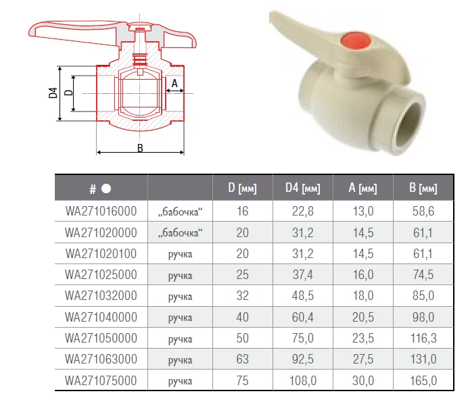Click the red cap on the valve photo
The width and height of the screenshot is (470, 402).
point(356,41)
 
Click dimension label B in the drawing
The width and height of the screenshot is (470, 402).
point(140,148)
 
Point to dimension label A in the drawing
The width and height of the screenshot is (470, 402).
point(174,83)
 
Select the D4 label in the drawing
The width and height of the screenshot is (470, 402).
point(53,93)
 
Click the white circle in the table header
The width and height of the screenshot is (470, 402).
point(106,189)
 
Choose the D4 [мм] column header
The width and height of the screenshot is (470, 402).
point(303,188)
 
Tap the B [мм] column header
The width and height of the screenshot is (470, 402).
point(423,188)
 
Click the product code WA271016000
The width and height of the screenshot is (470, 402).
point(101,211)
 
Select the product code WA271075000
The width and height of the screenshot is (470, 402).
point(101,381)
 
